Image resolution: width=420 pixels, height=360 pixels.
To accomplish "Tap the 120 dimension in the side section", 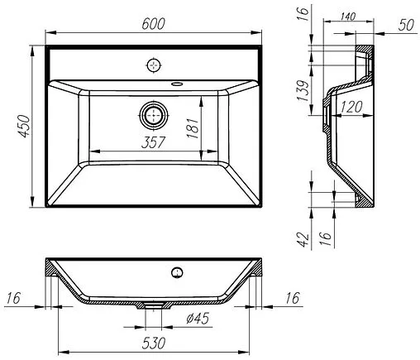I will (354, 107).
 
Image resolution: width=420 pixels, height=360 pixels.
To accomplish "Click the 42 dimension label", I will (303, 239).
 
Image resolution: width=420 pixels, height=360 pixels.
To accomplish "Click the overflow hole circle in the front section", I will (175, 272).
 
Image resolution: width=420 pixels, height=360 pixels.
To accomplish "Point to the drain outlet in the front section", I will (154, 305).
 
